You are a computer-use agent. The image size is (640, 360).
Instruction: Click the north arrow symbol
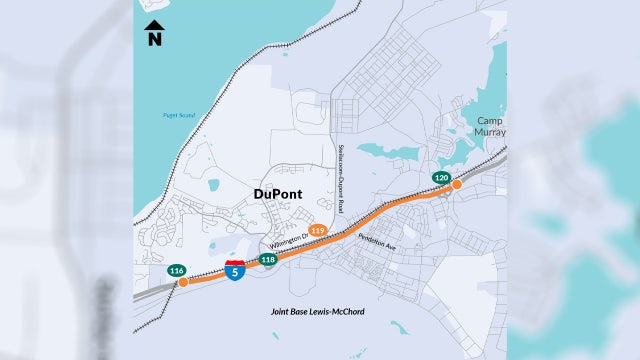(x=154, y=26)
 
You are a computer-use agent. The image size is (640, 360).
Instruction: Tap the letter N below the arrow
(x=154, y=41)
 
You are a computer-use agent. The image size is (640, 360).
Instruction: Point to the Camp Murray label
(x=490, y=126)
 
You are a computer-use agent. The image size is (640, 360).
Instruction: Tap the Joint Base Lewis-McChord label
(x=317, y=312)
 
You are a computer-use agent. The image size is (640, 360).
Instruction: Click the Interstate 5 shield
(x=234, y=269)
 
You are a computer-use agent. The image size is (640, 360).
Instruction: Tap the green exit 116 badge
(x=176, y=270)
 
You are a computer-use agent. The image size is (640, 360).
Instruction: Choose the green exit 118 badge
(x=267, y=259)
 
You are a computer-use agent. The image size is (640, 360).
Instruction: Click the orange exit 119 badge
(x=318, y=230)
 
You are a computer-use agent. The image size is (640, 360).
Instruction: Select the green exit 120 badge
(x=440, y=177)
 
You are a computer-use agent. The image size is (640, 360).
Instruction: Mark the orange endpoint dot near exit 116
(x=183, y=282)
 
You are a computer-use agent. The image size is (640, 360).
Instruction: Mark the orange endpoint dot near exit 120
(x=456, y=185)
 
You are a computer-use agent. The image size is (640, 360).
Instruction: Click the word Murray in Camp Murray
(x=490, y=132)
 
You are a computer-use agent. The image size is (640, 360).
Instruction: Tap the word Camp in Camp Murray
(x=490, y=120)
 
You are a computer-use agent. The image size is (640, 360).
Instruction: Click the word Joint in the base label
(x=280, y=312)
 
